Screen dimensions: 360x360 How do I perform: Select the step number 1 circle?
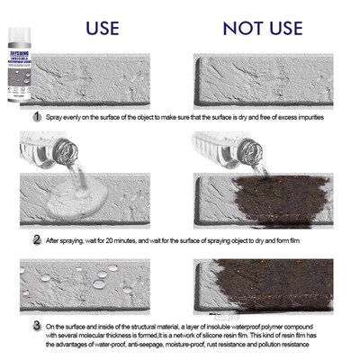[37, 117]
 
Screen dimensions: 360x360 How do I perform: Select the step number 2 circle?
[37, 239]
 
